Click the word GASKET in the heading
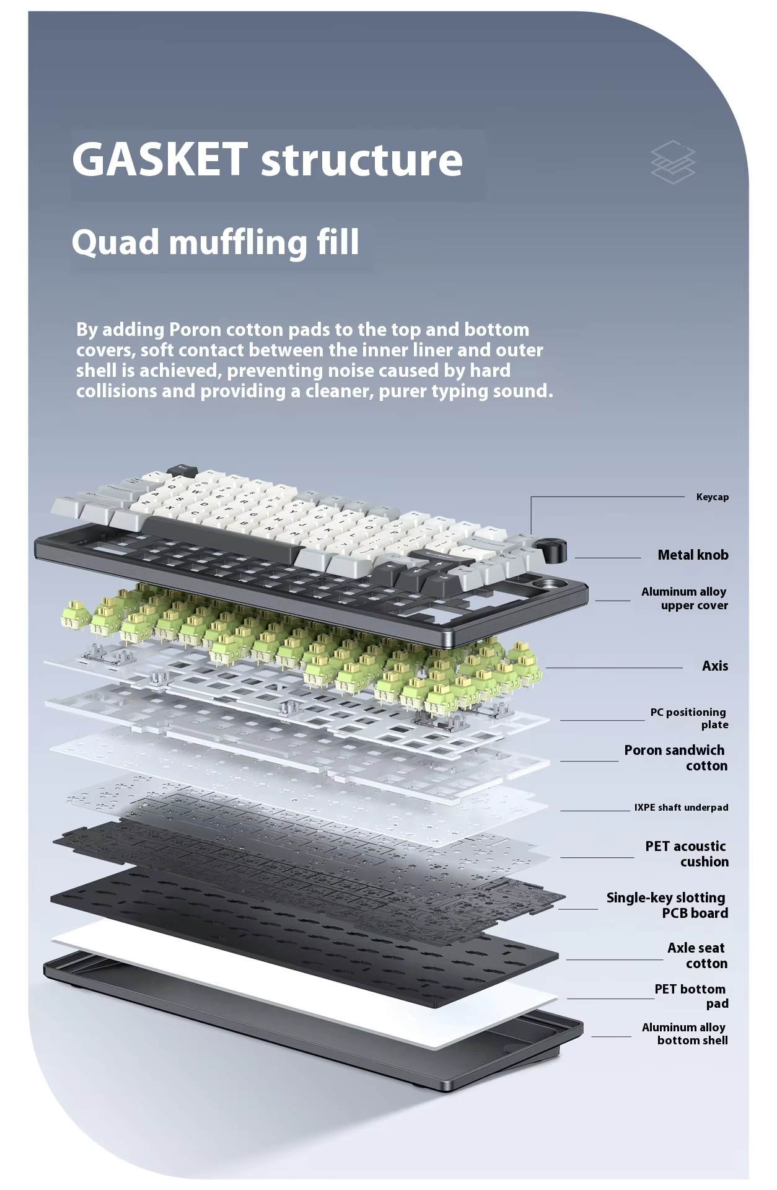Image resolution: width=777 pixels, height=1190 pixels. (x=160, y=159)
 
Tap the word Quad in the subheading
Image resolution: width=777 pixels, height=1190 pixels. (x=115, y=242)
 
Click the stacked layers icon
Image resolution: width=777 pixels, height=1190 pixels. (x=673, y=162)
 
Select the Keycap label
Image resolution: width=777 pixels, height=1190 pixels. (x=712, y=497)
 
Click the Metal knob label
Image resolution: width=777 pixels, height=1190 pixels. (x=693, y=555)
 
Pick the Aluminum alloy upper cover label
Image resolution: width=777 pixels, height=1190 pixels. (x=685, y=599)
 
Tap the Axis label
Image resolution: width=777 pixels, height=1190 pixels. (x=715, y=666)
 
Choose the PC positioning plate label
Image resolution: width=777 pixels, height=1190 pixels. (x=688, y=719)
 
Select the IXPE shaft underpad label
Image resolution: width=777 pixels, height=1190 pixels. (x=681, y=808)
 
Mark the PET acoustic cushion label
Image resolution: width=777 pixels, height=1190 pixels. (x=687, y=854)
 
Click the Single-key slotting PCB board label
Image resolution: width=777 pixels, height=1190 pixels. (x=667, y=906)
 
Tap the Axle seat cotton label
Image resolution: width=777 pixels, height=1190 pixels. (x=696, y=956)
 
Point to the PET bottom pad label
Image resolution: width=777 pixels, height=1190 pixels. (x=691, y=996)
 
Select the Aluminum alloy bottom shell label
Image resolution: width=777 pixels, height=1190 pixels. (x=685, y=1034)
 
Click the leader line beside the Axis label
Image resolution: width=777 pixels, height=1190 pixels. (x=613, y=668)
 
